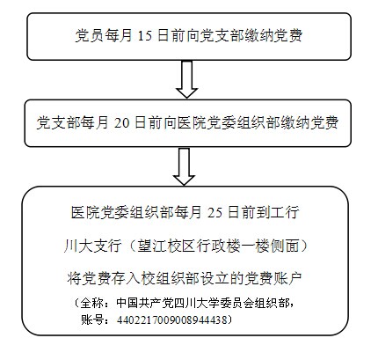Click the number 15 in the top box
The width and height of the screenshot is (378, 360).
[x=145, y=36]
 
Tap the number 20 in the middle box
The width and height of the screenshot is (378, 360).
[x=121, y=122]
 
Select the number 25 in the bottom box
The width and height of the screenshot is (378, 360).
[x=214, y=212]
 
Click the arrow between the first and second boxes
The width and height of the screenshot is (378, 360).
[x=186, y=79]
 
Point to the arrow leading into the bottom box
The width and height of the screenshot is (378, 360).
[x=184, y=166]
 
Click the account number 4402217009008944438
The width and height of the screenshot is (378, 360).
[x=172, y=320]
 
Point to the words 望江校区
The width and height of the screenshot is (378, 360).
[x=166, y=246]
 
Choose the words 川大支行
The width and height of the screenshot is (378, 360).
[x=92, y=246]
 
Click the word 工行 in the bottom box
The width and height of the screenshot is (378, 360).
[x=285, y=212]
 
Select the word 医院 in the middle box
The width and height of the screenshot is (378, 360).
[x=192, y=122]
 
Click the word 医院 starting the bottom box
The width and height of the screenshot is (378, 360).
[x=85, y=212]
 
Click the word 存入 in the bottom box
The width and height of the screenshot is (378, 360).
[x=126, y=278]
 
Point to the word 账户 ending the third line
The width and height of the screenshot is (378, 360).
[x=287, y=278]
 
